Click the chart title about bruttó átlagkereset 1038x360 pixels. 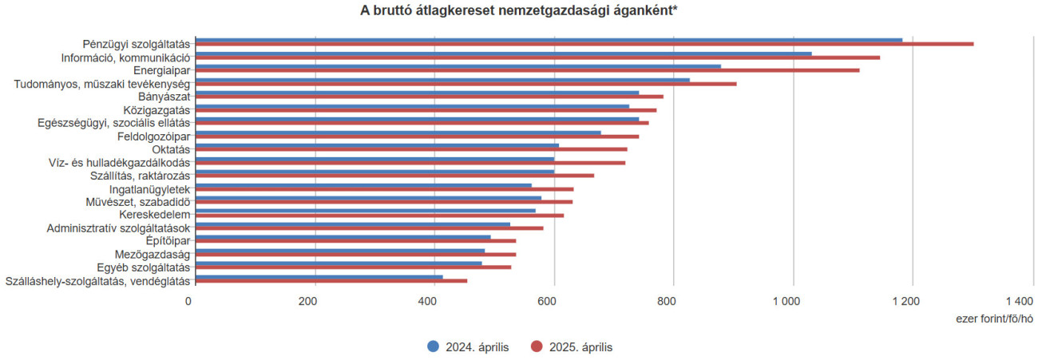coord(519,10)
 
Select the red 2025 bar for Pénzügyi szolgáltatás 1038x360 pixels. coord(583,44)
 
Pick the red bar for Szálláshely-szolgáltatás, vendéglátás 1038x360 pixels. coord(331,280)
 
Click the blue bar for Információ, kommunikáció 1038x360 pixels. coord(503,53)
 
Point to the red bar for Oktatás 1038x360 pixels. coord(411,149)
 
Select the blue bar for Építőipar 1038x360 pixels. coord(343,237)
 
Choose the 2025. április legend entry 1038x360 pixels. coord(572,346)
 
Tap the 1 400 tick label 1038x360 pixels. coord(1019,301)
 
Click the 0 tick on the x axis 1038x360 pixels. coord(188,301)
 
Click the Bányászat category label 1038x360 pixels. coord(164,97)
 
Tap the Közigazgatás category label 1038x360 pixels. coord(156,109)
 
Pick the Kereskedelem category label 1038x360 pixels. coord(154,215)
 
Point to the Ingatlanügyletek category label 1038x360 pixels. coord(149,189)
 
